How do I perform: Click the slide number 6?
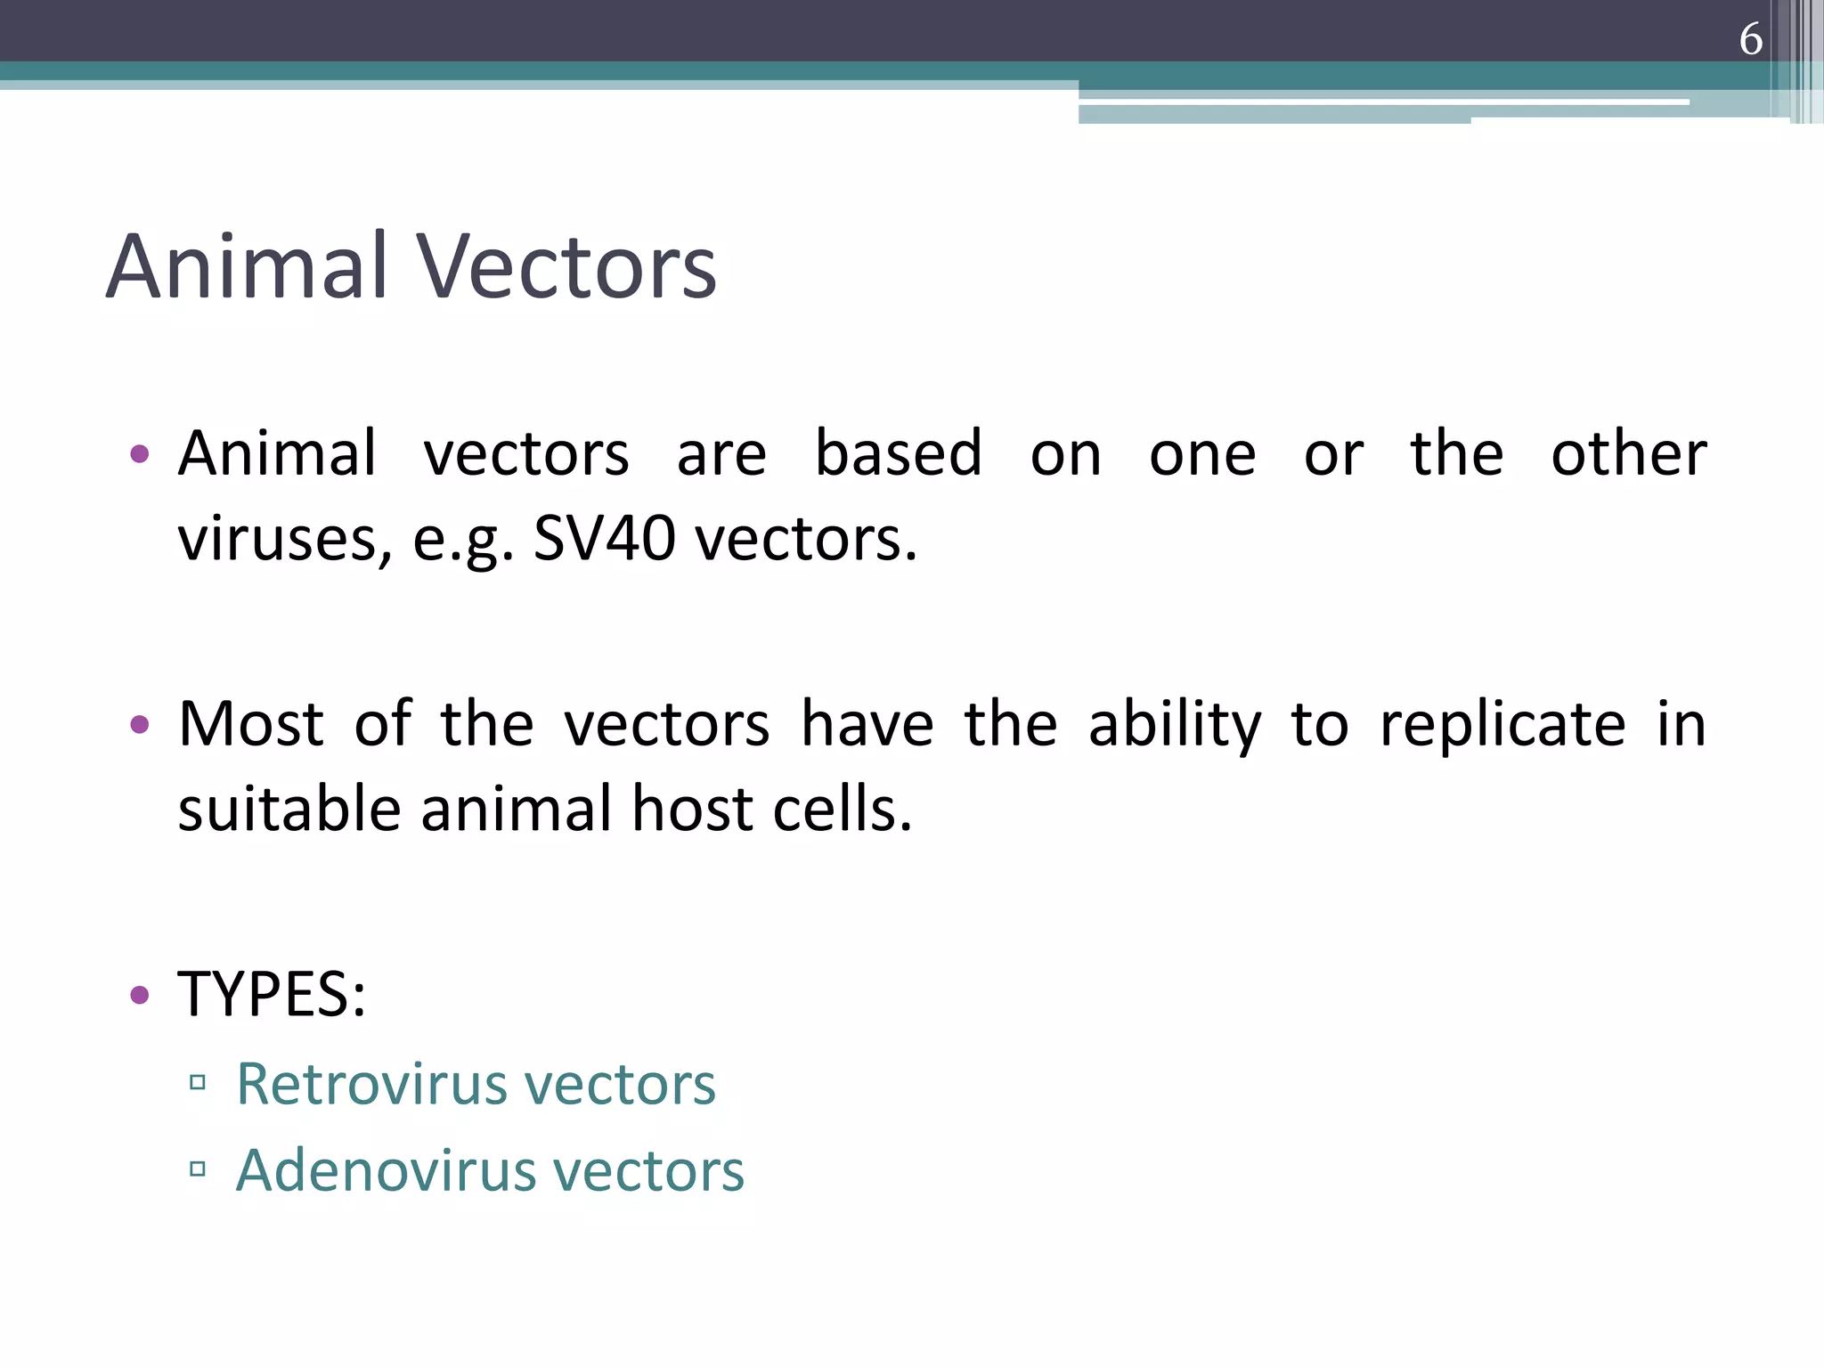point(1750,39)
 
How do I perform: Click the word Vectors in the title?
point(566,267)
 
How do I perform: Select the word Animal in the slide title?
point(248,267)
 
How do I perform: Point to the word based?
point(898,454)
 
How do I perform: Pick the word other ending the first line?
point(1628,454)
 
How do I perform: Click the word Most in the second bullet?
point(250,723)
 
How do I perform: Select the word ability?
point(1174,725)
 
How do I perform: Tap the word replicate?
point(1502,725)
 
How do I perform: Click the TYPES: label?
point(272,994)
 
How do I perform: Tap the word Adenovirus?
point(386,1170)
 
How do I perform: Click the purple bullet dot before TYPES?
point(139,994)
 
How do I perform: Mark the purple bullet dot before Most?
point(139,724)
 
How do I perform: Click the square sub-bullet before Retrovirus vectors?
point(198,1083)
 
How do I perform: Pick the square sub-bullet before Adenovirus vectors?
point(198,1168)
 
